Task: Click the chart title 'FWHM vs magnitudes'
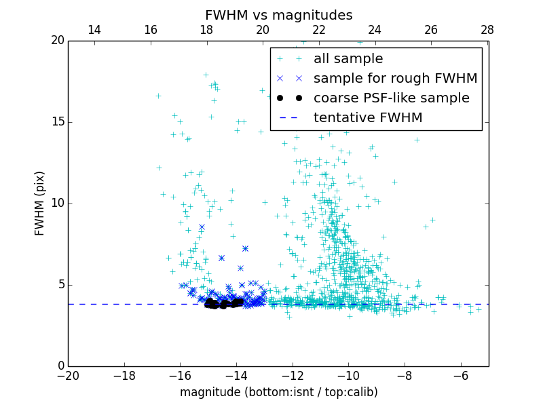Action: click(x=278, y=15)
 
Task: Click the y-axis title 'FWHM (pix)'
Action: click(x=40, y=203)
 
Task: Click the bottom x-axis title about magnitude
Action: click(x=278, y=392)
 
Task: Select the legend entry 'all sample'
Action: click(x=348, y=59)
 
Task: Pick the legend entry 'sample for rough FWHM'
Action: click(x=395, y=79)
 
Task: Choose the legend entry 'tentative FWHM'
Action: click(x=368, y=117)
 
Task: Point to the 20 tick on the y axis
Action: click(x=57, y=41)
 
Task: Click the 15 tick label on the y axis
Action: click(x=57, y=122)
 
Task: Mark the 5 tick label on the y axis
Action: click(x=60, y=284)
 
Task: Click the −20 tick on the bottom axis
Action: click(x=68, y=375)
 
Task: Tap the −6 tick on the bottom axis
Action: click(x=461, y=375)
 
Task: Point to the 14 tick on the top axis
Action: click(x=94, y=30)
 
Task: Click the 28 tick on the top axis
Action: click(x=487, y=30)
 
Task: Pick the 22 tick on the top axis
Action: click(x=319, y=30)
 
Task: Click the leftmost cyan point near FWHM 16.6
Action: click(x=158, y=96)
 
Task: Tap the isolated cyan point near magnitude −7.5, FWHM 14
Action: click(x=417, y=140)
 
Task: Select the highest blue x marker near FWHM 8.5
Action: click(x=202, y=227)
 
